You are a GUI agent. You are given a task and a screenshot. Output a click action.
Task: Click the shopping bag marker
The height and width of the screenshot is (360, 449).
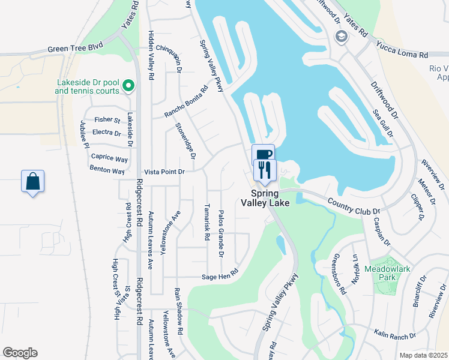coord(33,181)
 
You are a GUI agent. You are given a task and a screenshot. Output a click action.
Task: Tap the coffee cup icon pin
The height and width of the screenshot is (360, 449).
coord(264,154)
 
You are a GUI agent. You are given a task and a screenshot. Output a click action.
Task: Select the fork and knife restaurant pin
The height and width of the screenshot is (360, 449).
coord(263,170)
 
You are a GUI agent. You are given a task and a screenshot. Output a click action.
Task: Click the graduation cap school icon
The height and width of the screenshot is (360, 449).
coord(341,37)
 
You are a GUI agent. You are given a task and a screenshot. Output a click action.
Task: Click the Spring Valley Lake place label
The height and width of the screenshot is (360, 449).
coord(265,198)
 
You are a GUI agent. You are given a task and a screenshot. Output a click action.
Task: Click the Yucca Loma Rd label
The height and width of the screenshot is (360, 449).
coord(402,49)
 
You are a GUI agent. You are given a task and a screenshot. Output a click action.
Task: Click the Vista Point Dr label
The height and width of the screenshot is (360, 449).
coord(164,172)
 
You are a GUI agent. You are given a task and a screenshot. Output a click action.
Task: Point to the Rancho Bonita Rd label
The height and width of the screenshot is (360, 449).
coord(186,101)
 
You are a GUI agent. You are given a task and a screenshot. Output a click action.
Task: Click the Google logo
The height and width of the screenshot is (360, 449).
coord(20,353)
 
